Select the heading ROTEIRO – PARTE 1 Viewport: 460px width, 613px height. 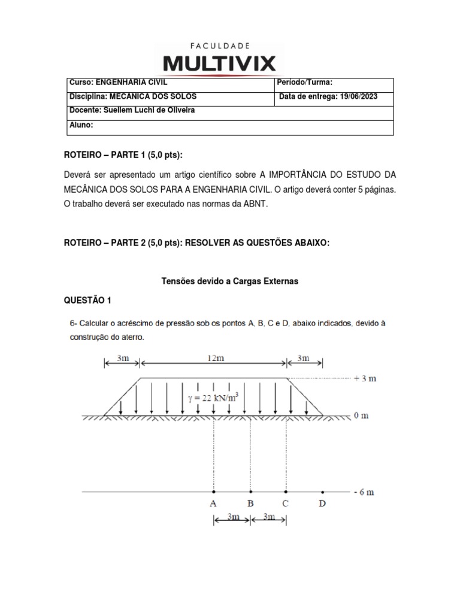pos(122,156)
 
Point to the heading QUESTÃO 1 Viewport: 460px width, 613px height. pos(87,300)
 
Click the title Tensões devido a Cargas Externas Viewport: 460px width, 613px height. pos(230,280)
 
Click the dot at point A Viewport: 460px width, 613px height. pos(214,492)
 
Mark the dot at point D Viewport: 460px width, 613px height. pos(323,492)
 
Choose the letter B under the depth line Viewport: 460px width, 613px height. pos(250,504)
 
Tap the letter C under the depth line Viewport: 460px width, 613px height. pos(286,504)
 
